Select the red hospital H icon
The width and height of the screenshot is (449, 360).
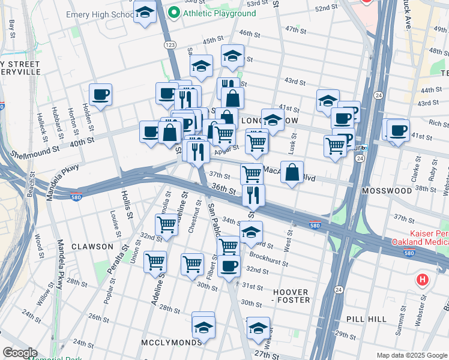click(x=423, y=280)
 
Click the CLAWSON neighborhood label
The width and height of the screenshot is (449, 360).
click(x=91, y=247)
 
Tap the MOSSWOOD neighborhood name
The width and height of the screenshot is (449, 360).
click(x=387, y=190)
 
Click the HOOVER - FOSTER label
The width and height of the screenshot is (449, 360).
click(x=291, y=296)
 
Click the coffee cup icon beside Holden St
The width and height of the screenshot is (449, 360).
click(x=100, y=95)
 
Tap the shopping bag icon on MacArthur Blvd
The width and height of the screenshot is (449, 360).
click(x=292, y=173)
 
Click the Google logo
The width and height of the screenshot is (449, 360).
click(x=20, y=353)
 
